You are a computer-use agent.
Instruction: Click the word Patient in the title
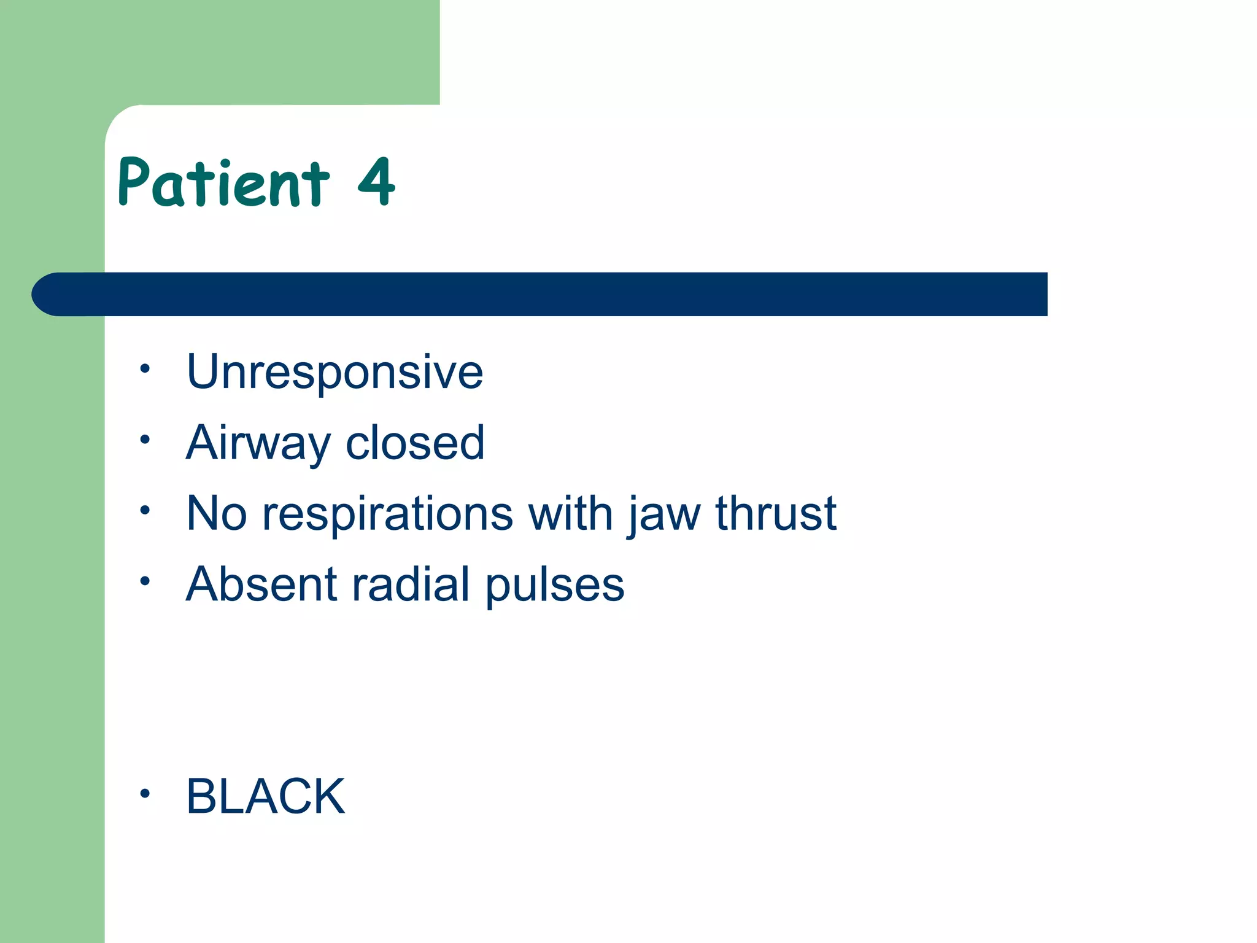coord(224,182)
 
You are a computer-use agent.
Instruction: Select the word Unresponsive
coord(335,372)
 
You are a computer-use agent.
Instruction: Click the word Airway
coord(258,443)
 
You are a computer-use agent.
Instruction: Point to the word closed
coord(415,443)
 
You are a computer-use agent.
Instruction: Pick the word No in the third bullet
coord(216,513)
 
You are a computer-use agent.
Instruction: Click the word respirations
coord(387,514)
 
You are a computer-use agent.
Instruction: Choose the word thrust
coord(776,513)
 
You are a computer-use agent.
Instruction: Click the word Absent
coord(261,584)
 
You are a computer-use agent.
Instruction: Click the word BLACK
coord(266,796)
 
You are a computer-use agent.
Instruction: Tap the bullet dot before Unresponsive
coord(144,369)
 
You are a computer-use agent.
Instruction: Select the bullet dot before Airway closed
coord(144,440)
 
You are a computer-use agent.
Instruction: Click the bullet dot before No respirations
coord(144,510)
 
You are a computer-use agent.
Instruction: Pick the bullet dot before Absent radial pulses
coord(144,581)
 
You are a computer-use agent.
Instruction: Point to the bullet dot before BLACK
coord(144,793)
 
